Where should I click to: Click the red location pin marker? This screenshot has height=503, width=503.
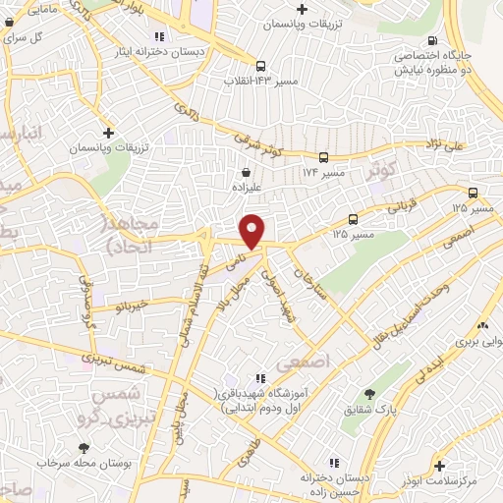tap(252, 230)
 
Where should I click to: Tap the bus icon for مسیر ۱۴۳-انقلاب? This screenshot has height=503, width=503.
tap(260, 67)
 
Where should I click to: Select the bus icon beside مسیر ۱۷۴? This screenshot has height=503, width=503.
tap(323, 156)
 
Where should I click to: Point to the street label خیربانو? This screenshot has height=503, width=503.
tap(130, 305)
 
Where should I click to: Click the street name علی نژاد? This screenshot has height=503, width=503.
tap(470, 145)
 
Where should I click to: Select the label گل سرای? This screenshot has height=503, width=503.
tap(26, 36)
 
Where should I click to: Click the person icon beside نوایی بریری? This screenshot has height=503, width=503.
tap(482, 325)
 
